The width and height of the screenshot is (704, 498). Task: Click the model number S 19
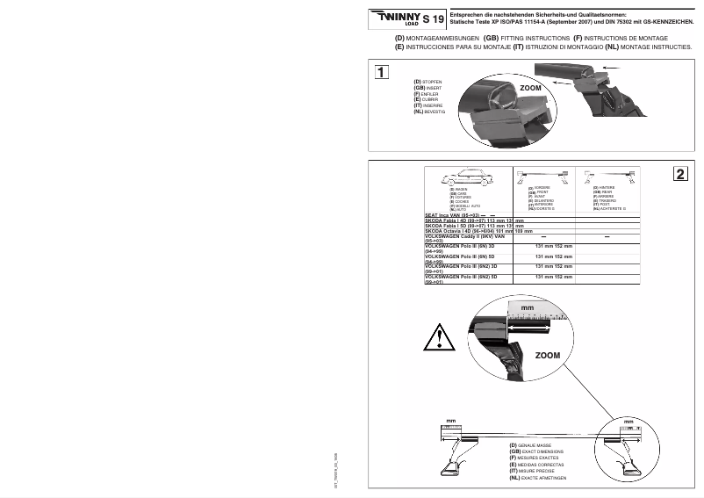(433, 18)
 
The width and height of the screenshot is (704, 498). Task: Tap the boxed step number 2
(681, 174)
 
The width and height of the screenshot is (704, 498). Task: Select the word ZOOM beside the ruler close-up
(547, 355)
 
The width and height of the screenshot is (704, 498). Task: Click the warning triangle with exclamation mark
(438, 336)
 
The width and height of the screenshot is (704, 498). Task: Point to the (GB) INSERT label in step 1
(430, 88)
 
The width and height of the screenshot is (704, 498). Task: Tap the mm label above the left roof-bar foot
(449, 422)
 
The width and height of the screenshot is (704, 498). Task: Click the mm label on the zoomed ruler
(527, 308)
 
